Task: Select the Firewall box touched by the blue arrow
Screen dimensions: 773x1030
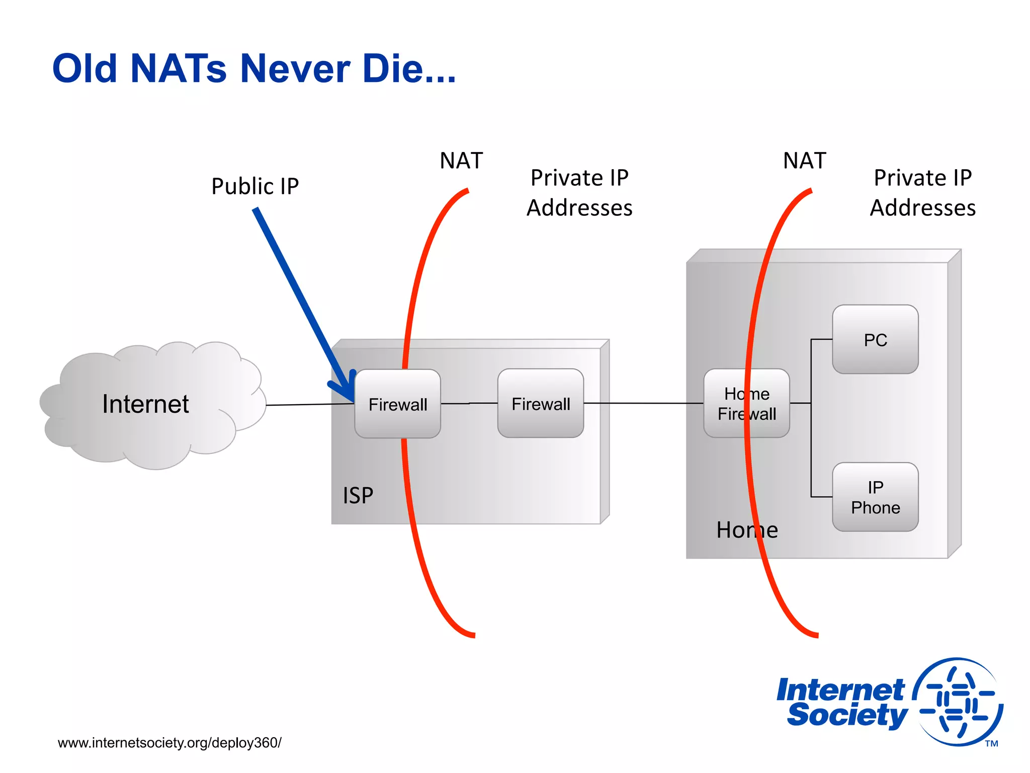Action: click(x=397, y=404)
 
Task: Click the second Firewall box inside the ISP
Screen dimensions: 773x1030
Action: click(x=541, y=404)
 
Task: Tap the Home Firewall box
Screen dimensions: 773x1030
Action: click(x=746, y=404)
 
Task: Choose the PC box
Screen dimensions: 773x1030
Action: click(x=875, y=340)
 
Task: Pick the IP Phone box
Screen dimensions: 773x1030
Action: click(x=875, y=497)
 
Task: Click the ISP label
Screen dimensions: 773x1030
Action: click(x=358, y=496)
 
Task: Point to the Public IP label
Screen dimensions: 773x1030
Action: click(x=255, y=186)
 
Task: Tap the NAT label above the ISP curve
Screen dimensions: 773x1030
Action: click(x=461, y=161)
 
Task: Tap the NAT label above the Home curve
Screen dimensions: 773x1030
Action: click(x=804, y=161)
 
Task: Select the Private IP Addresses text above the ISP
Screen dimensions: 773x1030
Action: click(x=579, y=193)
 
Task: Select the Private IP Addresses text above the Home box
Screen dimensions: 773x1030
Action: click(x=923, y=193)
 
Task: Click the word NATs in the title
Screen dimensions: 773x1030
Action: click(x=179, y=68)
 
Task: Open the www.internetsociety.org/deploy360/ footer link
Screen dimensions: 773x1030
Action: click(x=169, y=743)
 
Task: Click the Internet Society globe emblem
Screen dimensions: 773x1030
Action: click(x=958, y=702)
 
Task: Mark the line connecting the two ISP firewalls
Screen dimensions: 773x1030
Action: click(x=469, y=403)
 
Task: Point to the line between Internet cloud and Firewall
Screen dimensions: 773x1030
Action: click(x=309, y=404)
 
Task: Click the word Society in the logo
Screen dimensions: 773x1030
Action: click(x=847, y=715)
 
